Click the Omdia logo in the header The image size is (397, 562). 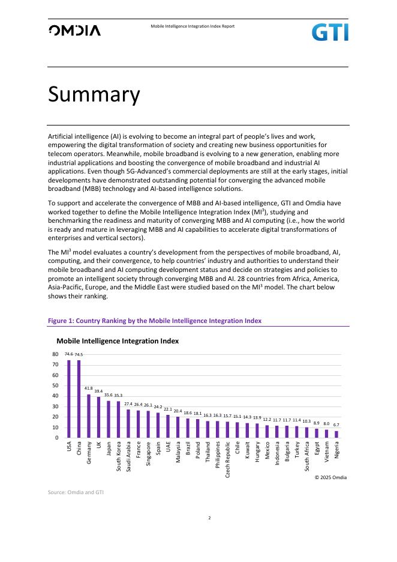[x=74, y=31]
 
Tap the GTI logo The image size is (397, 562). [x=329, y=32]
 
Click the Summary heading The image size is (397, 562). [x=94, y=95]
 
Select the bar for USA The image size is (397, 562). [x=69, y=399]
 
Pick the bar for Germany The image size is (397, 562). [x=89, y=415]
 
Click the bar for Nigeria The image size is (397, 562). [x=336, y=434]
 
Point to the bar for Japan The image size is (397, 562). [x=109, y=419]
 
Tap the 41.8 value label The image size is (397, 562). [x=89, y=388]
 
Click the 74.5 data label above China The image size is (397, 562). [x=79, y=355]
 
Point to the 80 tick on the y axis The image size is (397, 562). [x=55, y=354]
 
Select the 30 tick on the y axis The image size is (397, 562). [x=55, y=406]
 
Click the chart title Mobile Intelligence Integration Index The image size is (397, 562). [x=118, y=341]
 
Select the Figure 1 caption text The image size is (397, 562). [x=154, y=321]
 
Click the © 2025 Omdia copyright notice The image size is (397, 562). [x=330, y=477]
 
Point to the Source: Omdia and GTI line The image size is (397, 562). [x=76, y=492]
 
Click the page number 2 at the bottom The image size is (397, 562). [x=209, y=517]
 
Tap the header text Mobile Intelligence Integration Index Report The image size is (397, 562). [x=192, y=26]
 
